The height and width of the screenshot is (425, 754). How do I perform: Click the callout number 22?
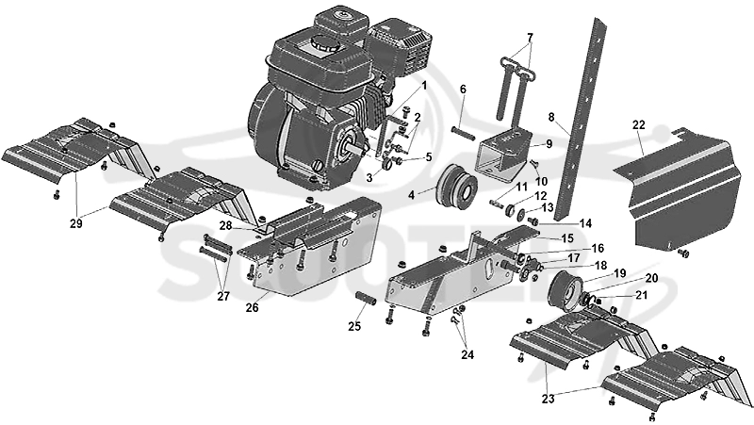[x=639, y=125]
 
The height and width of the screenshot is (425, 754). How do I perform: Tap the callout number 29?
[x=76, y=223]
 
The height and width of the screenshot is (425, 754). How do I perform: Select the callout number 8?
[x=551, y=117]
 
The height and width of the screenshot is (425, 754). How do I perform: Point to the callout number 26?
[x=252, y=307]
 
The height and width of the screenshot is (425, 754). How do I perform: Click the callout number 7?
[x=530, y=37]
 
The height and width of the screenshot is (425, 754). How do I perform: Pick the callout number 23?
[x=549, y=399]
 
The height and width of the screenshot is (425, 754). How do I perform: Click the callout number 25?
[x=354, y=326]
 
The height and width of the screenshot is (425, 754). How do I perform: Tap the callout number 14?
[x=585, y=223]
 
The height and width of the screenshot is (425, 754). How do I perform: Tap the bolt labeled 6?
[x=463, y=131]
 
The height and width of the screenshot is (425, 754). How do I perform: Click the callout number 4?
[x=412, y=196]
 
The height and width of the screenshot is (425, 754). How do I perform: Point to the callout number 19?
[x=620, y=273]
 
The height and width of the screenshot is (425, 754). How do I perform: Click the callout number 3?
[x=369, y=178]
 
